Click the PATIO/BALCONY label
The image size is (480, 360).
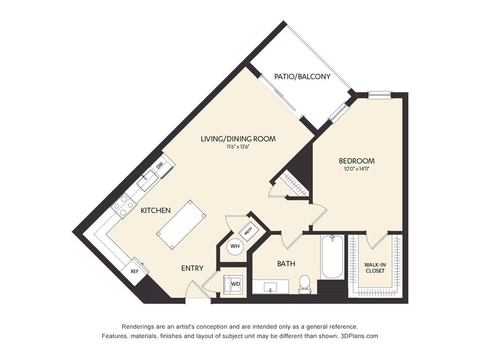(302, 76)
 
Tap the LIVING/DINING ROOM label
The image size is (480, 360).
(238, 139)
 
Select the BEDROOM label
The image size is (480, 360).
(357, 161)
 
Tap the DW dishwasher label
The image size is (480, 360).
(160, 165)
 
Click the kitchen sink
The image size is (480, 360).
(147, 180)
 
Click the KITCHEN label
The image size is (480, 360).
(155, 211)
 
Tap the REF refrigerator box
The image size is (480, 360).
(135, 271)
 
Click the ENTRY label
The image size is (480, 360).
(192, 268)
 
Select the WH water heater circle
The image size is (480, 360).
(235, 246)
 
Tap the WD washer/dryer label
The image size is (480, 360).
(236, 284)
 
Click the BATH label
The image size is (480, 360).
(286, 264)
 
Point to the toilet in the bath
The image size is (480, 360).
(304, 285)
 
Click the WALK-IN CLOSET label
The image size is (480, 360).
(375, 268)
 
